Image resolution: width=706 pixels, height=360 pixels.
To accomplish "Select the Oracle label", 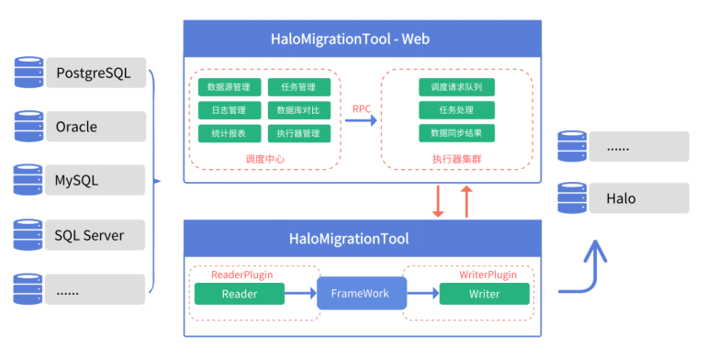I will click(x=76, y=127).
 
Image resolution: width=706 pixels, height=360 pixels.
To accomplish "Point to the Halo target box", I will click(x=639, y=198).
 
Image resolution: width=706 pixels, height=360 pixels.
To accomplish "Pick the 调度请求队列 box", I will click(x=456, y=88).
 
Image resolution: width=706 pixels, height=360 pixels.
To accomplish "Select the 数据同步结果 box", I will click(x=456, y=133).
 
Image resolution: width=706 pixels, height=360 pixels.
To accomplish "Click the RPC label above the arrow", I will click(x=362, y=108).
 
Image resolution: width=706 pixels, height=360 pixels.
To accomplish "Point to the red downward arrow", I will click(x=438, y=201).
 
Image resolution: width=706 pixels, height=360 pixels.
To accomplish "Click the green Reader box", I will click(x=239, y=294).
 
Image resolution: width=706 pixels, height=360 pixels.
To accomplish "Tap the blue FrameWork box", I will click(x=360, y=294).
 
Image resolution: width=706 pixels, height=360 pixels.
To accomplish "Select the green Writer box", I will click(x=484, y=294).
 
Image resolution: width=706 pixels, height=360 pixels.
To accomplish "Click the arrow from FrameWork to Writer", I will click(x=420, y=294).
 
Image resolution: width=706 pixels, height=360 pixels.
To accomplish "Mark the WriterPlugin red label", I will click(x=487, y=275).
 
